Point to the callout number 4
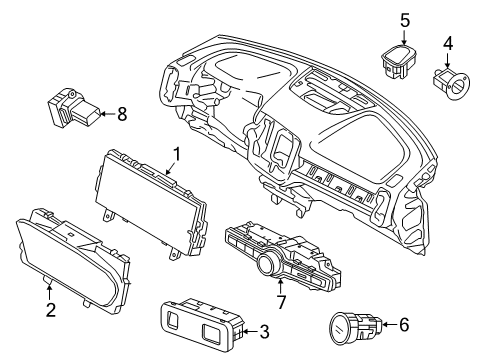coord(448,43)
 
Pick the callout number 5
coord(405,19)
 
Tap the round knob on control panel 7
coord(267,264)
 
